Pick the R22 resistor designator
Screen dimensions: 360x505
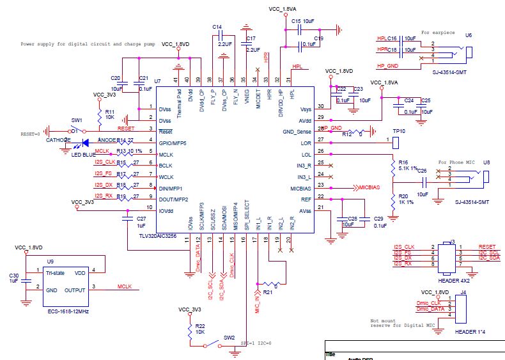pos(200,325)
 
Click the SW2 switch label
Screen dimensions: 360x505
pos(228,337)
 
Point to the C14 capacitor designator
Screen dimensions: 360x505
pos(217,27)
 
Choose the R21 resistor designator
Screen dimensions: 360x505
pos(268,292)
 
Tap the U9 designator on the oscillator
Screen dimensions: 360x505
pos(50,262)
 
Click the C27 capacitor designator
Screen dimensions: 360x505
pos(141,218)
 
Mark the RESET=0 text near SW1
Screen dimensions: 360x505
pos(30,134)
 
